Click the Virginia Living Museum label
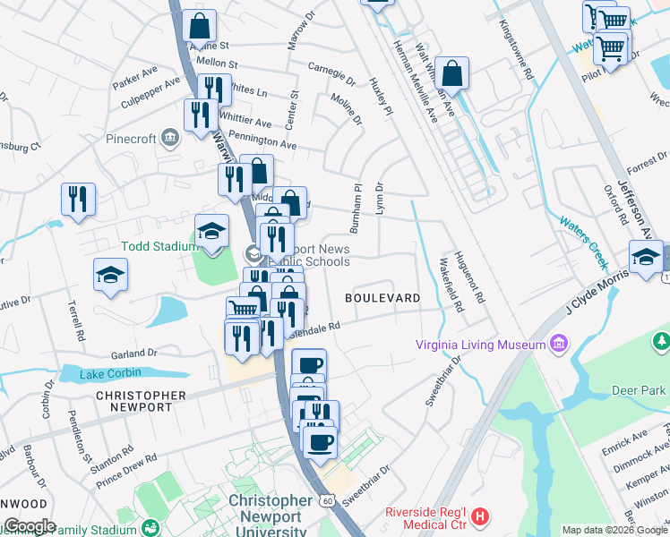coord(480,345)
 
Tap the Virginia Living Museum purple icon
coord(560,344)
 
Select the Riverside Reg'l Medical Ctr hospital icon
coord(481,516)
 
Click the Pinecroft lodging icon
coord(171,138)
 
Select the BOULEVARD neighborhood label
coord(382,297)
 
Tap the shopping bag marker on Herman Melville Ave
coord(454,74)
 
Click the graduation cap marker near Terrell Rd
coord(110,274)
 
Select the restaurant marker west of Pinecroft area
coord(78,199)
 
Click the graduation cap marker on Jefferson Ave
coord(645,257)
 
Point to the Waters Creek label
coord(583,243)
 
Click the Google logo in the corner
coord(29,526)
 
